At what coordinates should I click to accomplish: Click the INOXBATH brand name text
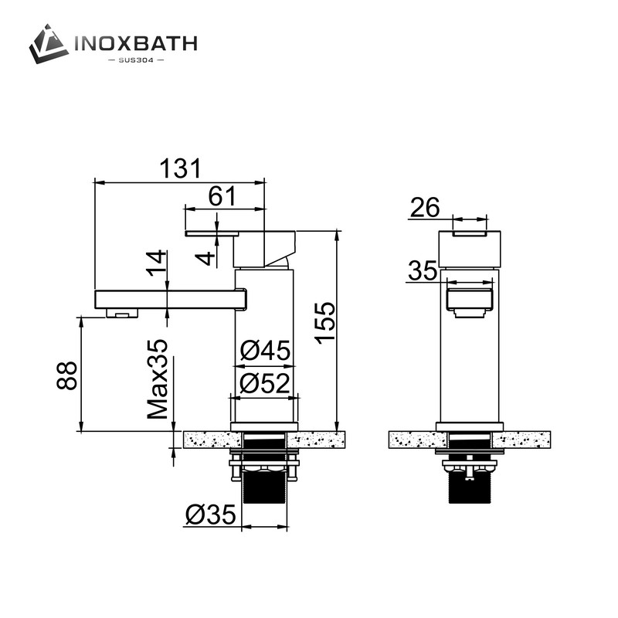(x=135, y=42)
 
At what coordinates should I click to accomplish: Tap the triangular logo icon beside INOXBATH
(x=49, y=43)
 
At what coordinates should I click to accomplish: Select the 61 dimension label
(x=222, y=196)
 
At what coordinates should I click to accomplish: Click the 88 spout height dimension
(x=67, y=374)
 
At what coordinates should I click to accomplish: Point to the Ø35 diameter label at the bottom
(x=212, y=514)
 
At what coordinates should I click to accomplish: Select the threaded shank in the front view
(x=470, y=487)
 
